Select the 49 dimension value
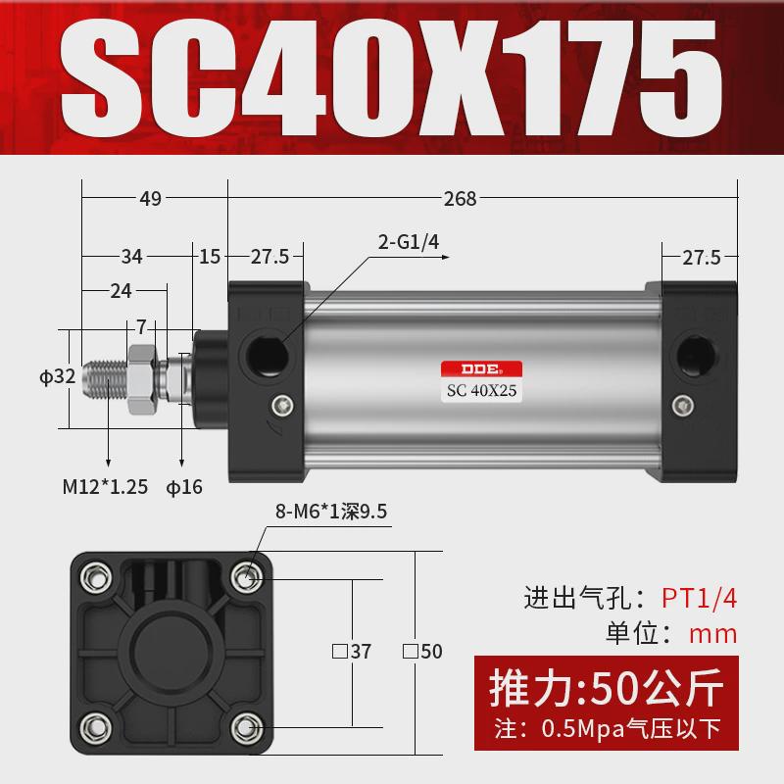click(x=150, y=199)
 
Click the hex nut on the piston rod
click(x=137, y=373)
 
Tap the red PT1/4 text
click(x=697, y=597)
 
